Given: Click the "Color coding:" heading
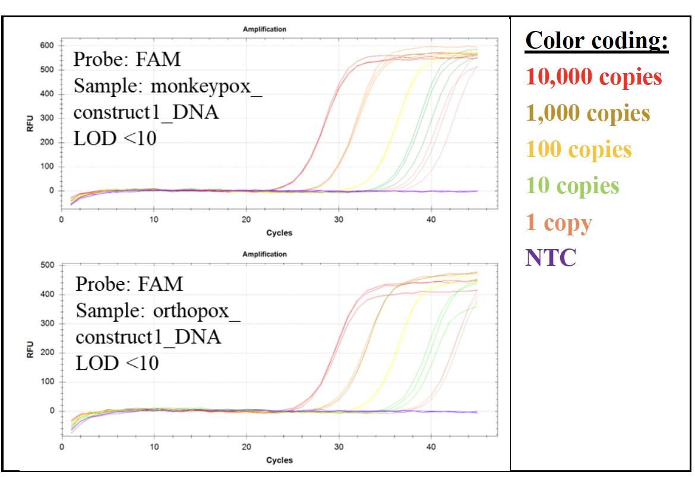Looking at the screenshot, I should (596, 40).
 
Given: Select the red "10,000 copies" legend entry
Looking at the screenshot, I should (593, 77).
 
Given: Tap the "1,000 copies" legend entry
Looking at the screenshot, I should (587, 113).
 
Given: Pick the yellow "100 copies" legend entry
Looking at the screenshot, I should (578, 149).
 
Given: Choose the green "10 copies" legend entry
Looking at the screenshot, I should (572, 185).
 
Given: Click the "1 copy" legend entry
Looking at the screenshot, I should (558, 222).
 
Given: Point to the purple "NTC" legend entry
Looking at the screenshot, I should (550, 258).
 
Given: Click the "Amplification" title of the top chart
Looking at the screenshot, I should (264, 29).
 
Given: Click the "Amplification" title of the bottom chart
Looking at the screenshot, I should (264, 254).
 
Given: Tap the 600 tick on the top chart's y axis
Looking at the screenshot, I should (48, 46).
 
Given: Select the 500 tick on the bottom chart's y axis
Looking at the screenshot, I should (48, 265).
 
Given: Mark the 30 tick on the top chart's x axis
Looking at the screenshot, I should (339, 220).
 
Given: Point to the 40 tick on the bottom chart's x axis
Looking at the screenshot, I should (431, 446).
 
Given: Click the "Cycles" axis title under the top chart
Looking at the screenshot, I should (279, 232).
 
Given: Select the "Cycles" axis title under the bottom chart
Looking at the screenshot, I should (279, 460).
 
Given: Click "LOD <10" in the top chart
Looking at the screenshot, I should (115, 139).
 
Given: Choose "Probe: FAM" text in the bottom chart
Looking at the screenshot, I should (129, 284).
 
